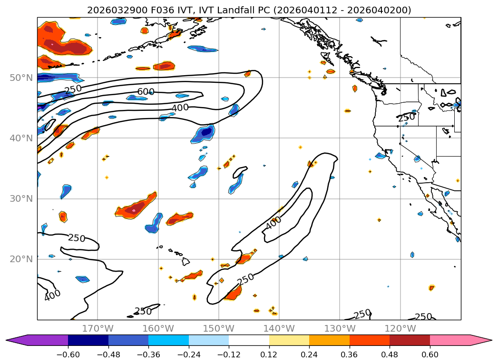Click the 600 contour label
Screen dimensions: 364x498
coord(146,92)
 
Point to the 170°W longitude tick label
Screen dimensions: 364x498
coord(98,329)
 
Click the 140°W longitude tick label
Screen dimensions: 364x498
coord(279,329)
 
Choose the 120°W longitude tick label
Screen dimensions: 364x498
coord(400,329)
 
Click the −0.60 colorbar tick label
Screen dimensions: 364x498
coord(68,355)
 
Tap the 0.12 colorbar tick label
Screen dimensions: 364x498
coord(269,355)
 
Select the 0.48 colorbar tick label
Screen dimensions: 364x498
coord(390,355)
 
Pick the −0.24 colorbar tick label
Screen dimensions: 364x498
coord(189,355)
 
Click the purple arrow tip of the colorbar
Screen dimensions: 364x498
coord(12,340)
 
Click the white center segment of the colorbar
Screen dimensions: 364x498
coord(249,340)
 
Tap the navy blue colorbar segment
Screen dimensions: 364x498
coord(88,340)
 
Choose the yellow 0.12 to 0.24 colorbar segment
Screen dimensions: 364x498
coord(289,340)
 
